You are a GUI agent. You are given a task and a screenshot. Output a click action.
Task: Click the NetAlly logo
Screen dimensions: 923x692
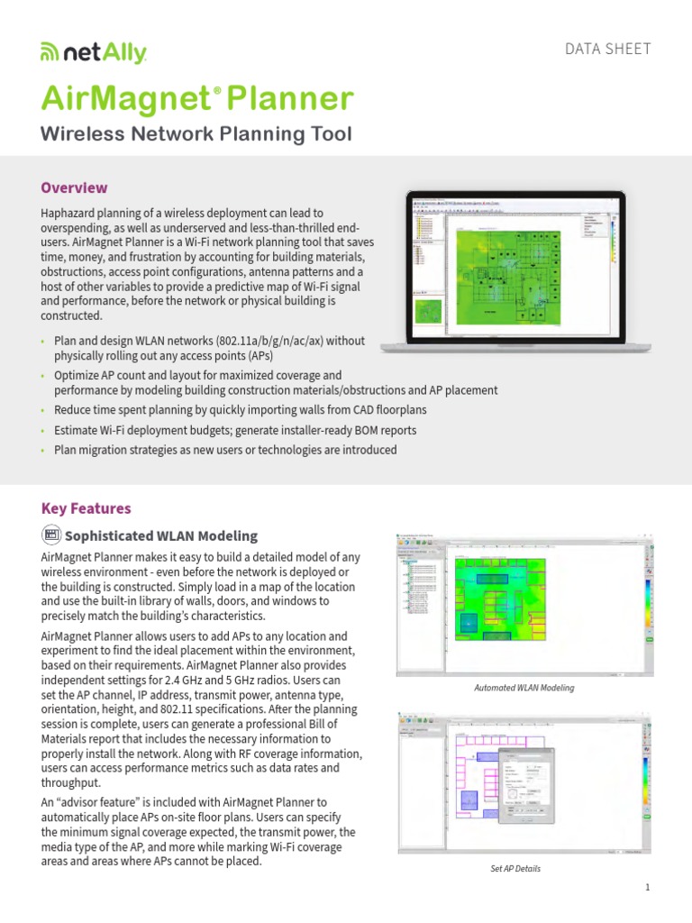coord(94,54)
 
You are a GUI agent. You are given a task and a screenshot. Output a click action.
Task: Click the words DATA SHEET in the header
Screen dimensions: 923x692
coord(607,49)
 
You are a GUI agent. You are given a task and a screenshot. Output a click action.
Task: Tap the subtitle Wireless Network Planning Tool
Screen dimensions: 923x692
coord(196,134)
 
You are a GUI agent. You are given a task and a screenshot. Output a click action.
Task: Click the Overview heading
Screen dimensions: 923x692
coord(75,187)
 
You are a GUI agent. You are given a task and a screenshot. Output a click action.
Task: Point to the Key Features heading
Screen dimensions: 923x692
coord(86,508)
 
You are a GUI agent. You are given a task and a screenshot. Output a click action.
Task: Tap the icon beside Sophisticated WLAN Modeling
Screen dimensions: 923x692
coord(51,535)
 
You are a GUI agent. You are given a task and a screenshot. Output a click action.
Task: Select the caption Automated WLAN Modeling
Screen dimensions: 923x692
coord(524,688)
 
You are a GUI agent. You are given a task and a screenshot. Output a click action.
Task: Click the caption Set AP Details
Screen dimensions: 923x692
coord(514,869)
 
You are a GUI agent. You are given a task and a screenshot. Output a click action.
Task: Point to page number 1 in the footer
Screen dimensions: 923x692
coord(647,888)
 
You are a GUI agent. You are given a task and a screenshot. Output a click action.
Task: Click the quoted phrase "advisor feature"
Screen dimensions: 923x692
coord(104,801)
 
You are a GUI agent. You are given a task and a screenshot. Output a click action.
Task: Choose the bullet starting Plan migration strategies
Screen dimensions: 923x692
coord(225,450)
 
